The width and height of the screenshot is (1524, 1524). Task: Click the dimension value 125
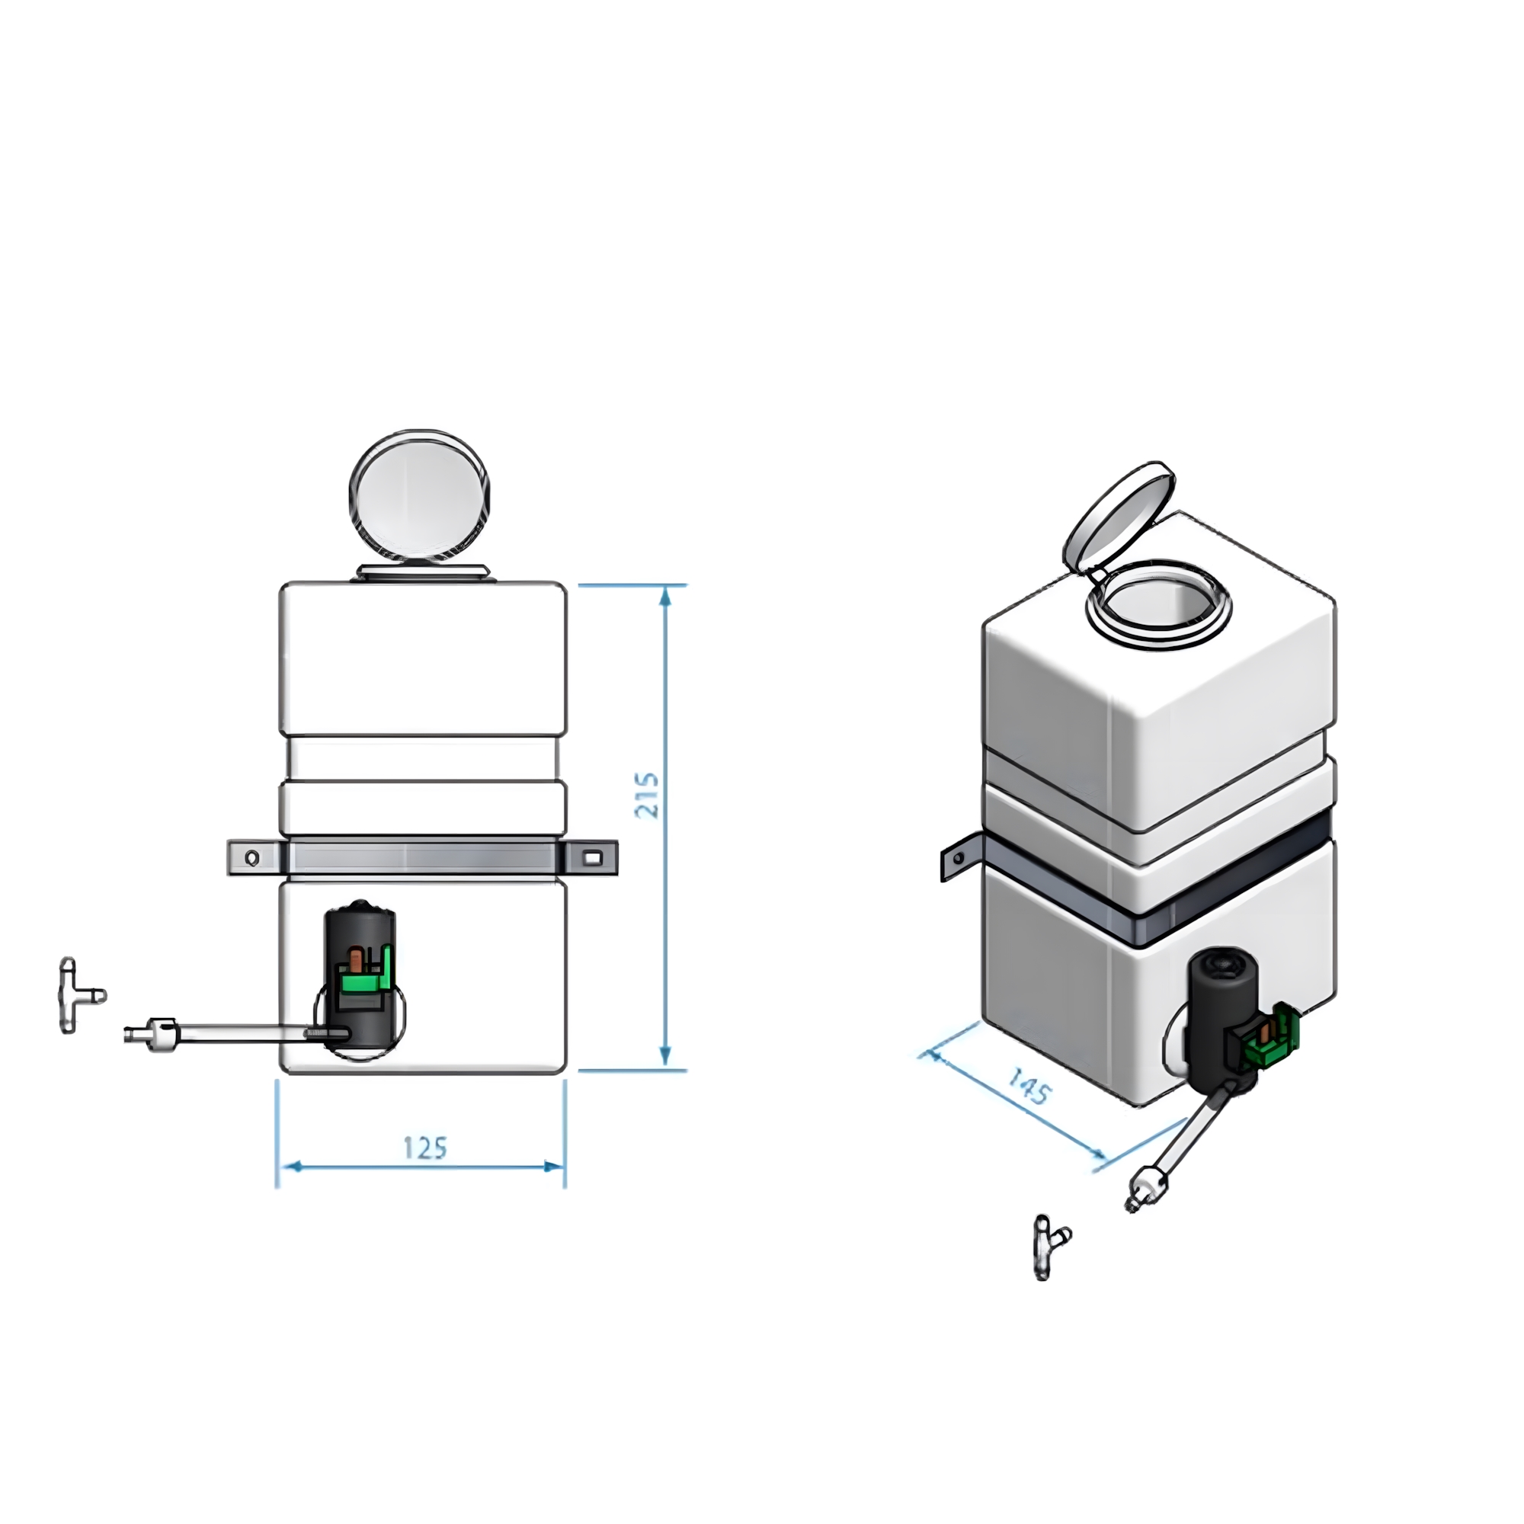pyautogui.click(x=425, y=1148)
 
